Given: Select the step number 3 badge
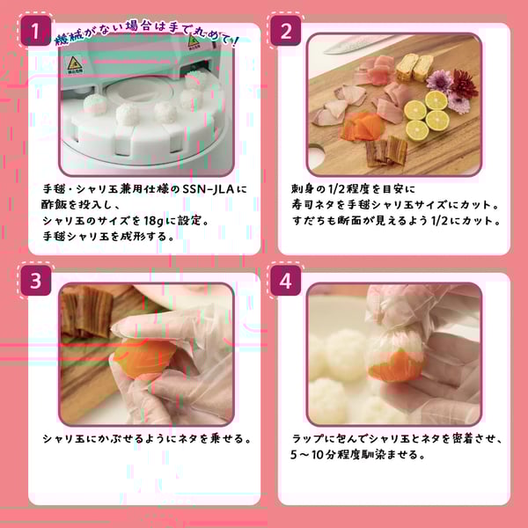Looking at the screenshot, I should click(x=34, y=282).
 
